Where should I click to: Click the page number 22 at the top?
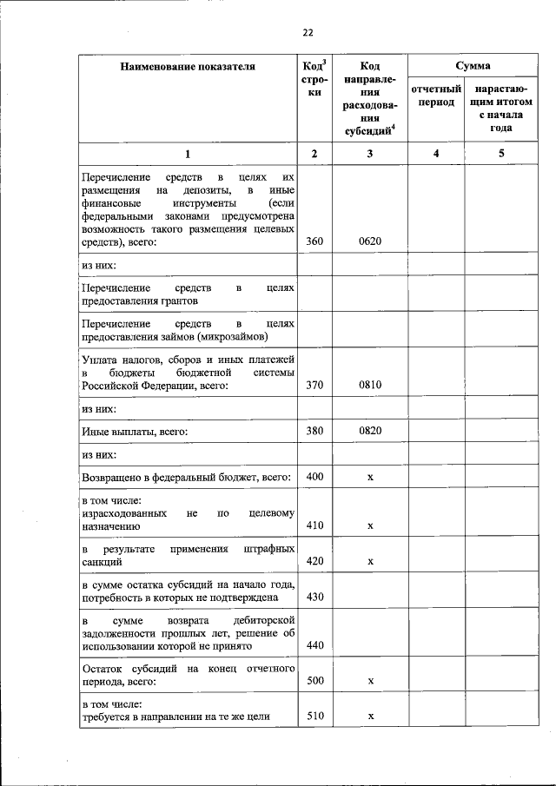(x=307, y=33)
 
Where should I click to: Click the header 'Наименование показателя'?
(x=188, y=66)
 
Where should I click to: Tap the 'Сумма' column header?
(x=473, y=66)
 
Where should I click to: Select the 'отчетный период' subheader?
(x=436, y=96)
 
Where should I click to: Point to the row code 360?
(x=314, y=241)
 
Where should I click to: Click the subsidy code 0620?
(x=370, y=241)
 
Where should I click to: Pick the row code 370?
(x=314, y=386)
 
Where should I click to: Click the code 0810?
(x=370, y=386)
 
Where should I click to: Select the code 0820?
(x=370, y=431)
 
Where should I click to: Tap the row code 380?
(x=314, y=431)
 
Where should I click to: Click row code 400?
(x=314, y=478)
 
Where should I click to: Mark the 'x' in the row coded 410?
(x=370, y=525)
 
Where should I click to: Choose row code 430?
(x=314, y=598)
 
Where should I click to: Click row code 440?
(x=314, y=646)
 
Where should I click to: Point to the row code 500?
(x=314, y=682)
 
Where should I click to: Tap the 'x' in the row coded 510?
(x=370, y=717)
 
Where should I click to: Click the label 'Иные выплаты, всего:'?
(x=135, y=431)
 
